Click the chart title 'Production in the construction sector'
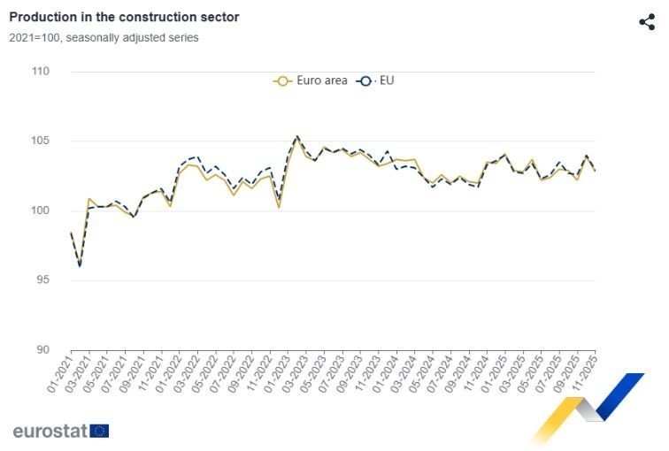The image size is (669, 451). [124, 17]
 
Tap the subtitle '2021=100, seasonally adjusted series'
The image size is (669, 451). [104, 38]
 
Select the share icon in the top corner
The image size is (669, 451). [647, 22]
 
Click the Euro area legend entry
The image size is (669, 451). [310, 80]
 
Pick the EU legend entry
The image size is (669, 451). [376, 80]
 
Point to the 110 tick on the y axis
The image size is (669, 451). [39, 72]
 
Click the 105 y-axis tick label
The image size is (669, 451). [39, 141]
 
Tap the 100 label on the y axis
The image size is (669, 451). [39, 210]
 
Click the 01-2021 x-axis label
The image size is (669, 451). [58, 373]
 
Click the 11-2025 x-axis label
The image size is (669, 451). [585, 373]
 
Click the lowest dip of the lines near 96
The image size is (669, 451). [80, 265]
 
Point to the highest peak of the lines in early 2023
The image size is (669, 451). [296, 136]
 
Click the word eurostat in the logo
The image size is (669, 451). [50, 432]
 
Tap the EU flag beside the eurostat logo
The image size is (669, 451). [99, 432]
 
